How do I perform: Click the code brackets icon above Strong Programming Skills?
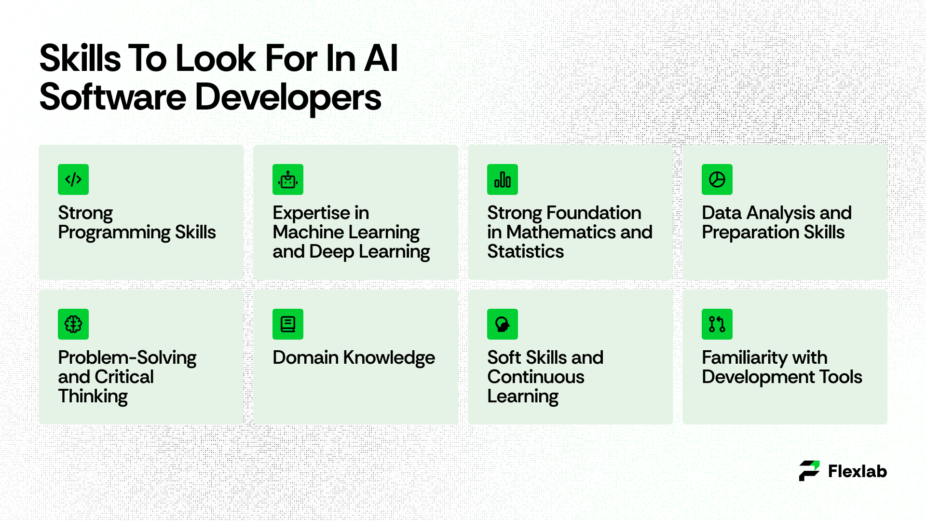[73, 179]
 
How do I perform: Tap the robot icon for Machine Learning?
[288, 179]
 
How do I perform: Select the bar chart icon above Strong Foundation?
[503, 179]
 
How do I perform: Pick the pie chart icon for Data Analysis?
[717, 179]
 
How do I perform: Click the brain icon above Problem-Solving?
[73, 324]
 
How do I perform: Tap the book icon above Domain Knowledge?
[288, 324]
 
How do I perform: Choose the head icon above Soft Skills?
[503, 324]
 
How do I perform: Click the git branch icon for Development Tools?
[717, 324]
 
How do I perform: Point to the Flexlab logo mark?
[809, 471]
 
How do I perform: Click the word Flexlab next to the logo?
[858, 471]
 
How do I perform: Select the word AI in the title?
[381, 58]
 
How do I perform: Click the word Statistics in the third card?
[525, 251]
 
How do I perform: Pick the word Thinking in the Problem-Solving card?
[93, 397]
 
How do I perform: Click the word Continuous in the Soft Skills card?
[536, 377]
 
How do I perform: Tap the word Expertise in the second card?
[311, 213]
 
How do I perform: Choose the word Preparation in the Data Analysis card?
[750, 233]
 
